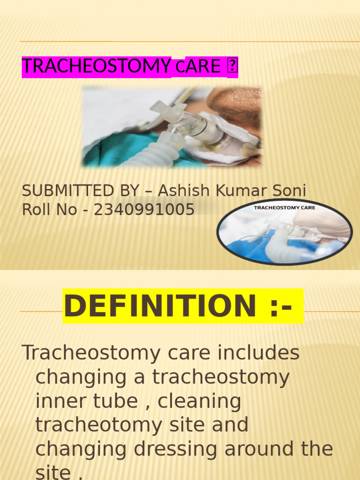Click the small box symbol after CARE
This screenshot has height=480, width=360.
point(232,67)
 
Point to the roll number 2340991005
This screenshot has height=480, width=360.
point(144,210)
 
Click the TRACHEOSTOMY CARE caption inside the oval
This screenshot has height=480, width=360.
point(285,207)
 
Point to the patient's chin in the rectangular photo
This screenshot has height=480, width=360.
point(234,101)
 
